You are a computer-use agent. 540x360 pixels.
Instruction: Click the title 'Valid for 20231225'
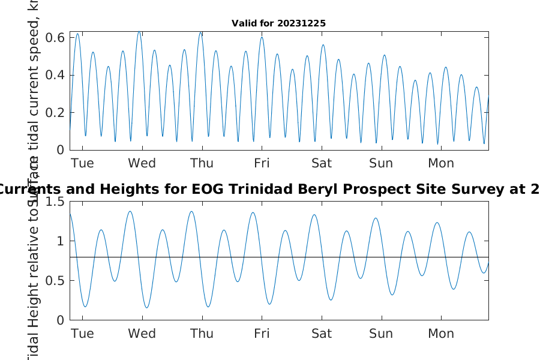tap(278, 23)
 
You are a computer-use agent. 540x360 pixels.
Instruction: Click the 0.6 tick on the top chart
tap(56, 37)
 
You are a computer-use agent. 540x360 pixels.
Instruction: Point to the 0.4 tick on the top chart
tap(56, 75)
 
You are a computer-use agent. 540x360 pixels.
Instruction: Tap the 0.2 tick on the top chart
tap(56, 112)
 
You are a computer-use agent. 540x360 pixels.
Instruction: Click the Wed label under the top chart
tap(142, 163)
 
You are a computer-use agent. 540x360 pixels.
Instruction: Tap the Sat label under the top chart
tap(322, 163)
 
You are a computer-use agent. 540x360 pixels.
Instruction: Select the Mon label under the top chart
tap(441, 163)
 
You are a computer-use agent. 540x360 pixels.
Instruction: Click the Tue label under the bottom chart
tap(82, 334)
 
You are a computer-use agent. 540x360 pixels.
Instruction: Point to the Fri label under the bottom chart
tap(262, 334)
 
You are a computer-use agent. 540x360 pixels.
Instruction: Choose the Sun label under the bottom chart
tap(381, 334)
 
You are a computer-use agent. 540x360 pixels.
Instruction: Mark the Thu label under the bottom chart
tap(202, 334)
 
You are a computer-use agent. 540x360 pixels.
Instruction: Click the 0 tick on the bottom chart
tap(60, 320)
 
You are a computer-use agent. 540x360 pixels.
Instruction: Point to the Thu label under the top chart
tap(202, 163)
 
